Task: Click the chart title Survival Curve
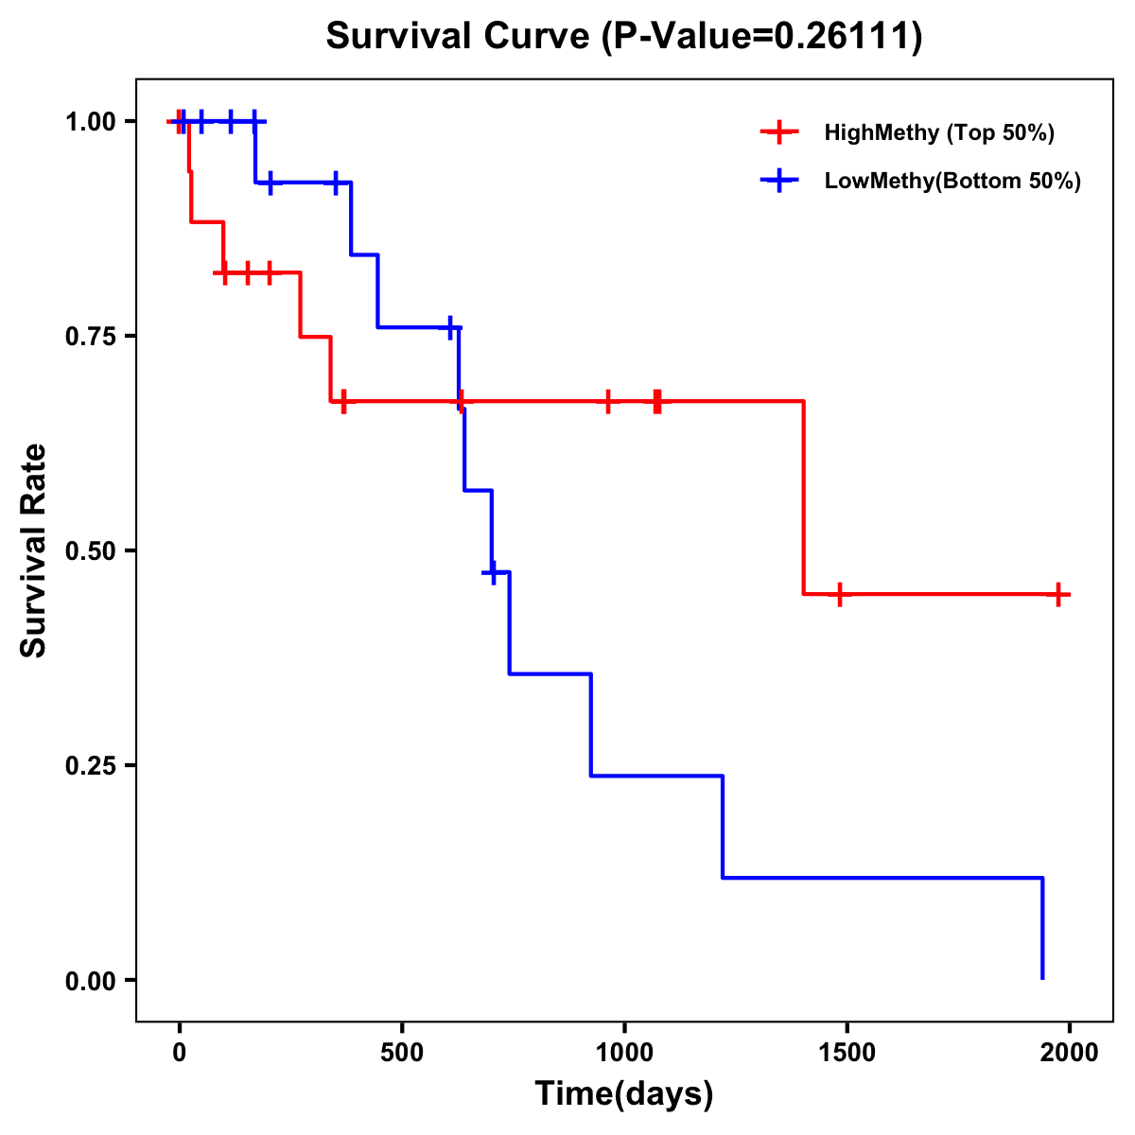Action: (x=623, y=37)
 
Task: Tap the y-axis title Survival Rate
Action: (x=34, y=550)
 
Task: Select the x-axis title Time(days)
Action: (x=624, y=1094)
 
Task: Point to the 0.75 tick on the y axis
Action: (x=91, y=336)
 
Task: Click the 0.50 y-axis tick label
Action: (x=91, y=550)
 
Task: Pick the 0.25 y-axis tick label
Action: (x=91, y=765)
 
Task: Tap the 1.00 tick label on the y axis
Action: (x=91, y=121)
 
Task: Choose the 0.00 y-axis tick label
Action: (x=91, y=980)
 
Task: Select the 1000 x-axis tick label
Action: (x=624, y=1053)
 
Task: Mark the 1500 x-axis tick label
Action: (x=847, y=1053)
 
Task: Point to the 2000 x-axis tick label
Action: (x=1070, y=1053)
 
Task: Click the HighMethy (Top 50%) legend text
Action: (x=939, y=132)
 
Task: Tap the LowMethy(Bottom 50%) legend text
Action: (x=952, y=182)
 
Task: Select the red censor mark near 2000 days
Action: (x=1059, y=595)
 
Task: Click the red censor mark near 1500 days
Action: (x=839, y=595)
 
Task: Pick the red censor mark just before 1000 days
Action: (x=607, y=401)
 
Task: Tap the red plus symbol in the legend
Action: (x=779, y=132)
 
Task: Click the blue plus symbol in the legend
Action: (x=779, y=182)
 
